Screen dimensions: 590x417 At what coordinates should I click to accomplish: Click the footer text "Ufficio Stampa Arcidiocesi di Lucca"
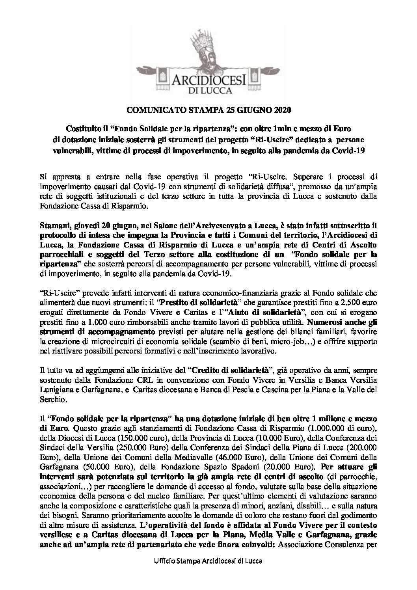click(x=208, y=571)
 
